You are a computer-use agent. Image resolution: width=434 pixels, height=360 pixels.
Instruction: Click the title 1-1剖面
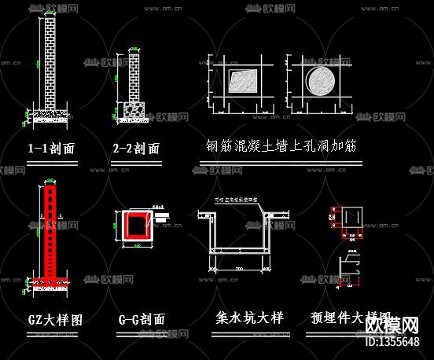tap(51, 149)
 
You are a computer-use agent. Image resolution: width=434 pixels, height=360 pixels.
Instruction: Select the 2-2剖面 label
tap(136, 149)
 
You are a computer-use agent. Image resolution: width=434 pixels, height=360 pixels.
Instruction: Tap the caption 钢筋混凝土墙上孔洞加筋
tap(281, 147)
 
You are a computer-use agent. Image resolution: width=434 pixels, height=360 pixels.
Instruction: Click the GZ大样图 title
tap(55, 320)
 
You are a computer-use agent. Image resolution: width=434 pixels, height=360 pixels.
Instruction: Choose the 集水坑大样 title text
tap(249, 318)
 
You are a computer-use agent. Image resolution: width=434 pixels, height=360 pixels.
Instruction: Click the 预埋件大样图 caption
tap(346, 318)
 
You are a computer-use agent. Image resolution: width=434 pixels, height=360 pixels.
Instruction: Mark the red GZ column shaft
tap(53, 232)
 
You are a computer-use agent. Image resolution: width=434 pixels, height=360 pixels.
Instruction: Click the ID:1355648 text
tap(399, 341)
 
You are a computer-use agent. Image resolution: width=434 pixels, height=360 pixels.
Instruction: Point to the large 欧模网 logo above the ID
tap(399, 324)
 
